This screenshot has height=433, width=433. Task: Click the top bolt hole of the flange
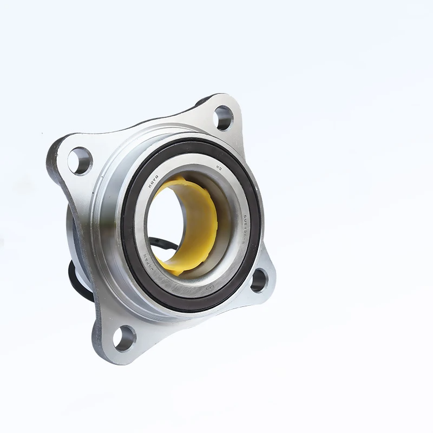222,117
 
